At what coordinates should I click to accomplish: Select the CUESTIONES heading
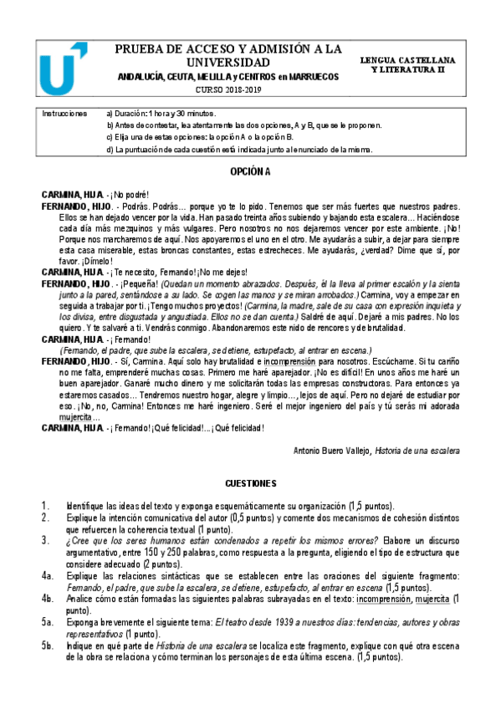pos(251,484)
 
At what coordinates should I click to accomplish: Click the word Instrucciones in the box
pos(64,112)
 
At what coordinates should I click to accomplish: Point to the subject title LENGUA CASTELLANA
pos(422,62)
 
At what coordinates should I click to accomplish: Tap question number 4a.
pos(47,576)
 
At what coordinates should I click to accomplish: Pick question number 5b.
pos(47,647)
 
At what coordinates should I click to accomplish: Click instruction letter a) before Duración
pos(110,112)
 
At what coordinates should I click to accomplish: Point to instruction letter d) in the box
pos(110,150)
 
